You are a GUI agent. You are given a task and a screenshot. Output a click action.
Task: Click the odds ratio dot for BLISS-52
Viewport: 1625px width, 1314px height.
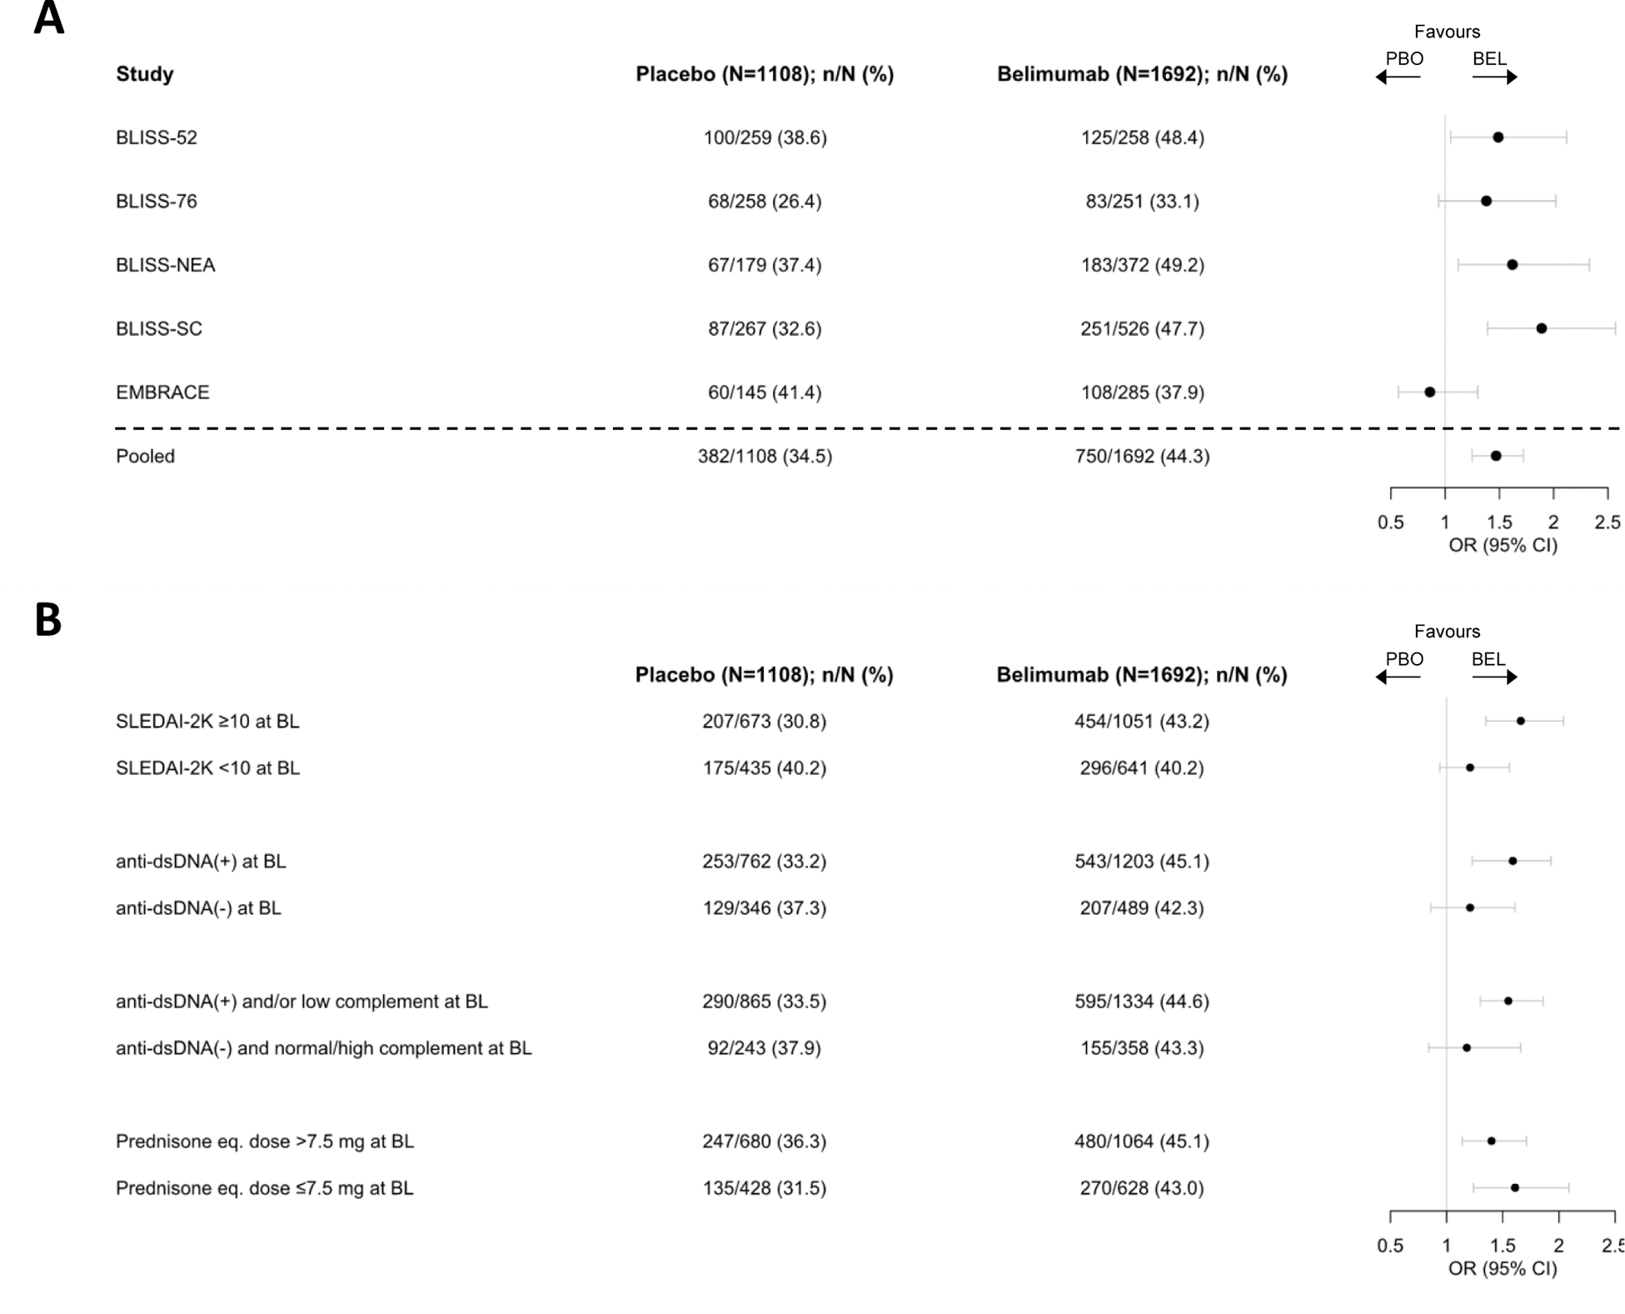tap(1498, 137)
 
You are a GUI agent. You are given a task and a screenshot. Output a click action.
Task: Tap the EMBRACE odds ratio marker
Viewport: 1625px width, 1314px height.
tap(1429, 392)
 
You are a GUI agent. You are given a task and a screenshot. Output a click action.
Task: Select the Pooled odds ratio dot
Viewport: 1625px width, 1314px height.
tap(1496, 456)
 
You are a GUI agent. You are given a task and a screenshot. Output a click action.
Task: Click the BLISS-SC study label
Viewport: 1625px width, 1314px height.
tap(158, 328)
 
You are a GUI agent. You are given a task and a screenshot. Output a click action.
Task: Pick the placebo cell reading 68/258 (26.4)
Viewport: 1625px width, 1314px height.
tap(765, 201)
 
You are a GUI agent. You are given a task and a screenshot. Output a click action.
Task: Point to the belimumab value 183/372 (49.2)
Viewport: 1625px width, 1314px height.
tap(1142, 265)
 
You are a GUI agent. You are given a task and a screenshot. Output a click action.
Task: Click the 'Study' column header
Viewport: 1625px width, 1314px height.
tap(145, 74)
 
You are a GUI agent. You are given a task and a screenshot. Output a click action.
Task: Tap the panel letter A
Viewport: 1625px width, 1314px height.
tap(48, 18)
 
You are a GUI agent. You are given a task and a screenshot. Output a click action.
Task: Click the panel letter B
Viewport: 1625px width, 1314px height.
tap(48, 620)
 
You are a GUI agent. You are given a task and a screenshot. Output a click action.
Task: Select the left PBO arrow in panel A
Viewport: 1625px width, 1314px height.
tap(1398, 77)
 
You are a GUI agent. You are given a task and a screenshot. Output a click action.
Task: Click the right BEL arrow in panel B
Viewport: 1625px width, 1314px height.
tap(1494, 677)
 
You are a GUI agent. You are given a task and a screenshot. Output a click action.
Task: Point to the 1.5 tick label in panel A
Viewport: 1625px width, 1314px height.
tap(1499, 522)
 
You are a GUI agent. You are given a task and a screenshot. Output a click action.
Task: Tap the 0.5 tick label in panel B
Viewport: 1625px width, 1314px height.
tap(1390, 1246)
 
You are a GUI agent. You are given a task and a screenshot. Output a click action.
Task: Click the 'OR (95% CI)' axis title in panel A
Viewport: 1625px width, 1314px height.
tap(1503, 545)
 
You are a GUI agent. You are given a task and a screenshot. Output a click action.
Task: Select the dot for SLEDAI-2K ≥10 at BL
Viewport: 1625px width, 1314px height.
tap(1520, 721)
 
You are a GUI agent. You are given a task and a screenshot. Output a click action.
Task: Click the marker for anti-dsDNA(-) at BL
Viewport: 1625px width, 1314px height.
tap(1469, 907)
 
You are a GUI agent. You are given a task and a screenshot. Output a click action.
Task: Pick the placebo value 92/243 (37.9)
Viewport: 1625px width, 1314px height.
tap(764, 1047)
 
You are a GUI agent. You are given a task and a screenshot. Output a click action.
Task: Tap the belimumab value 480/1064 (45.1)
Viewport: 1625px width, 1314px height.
tap(1141, 1141)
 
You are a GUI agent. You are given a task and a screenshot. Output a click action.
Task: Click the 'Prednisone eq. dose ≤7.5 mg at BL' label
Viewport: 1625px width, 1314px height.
tap(264, 1187)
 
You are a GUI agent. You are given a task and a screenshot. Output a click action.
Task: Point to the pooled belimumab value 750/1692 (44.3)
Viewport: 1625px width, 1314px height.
tap(1142, 456)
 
